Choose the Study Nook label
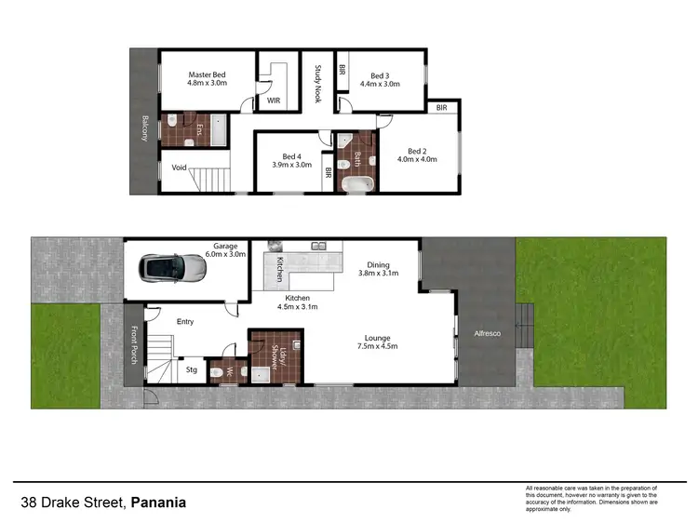point(317,83)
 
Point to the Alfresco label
point(489,332)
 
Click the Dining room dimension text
point(378,273)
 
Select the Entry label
point(185,322)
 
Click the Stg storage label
point(192,369)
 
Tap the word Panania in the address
point(158,503)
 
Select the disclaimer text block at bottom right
point(592,499)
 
